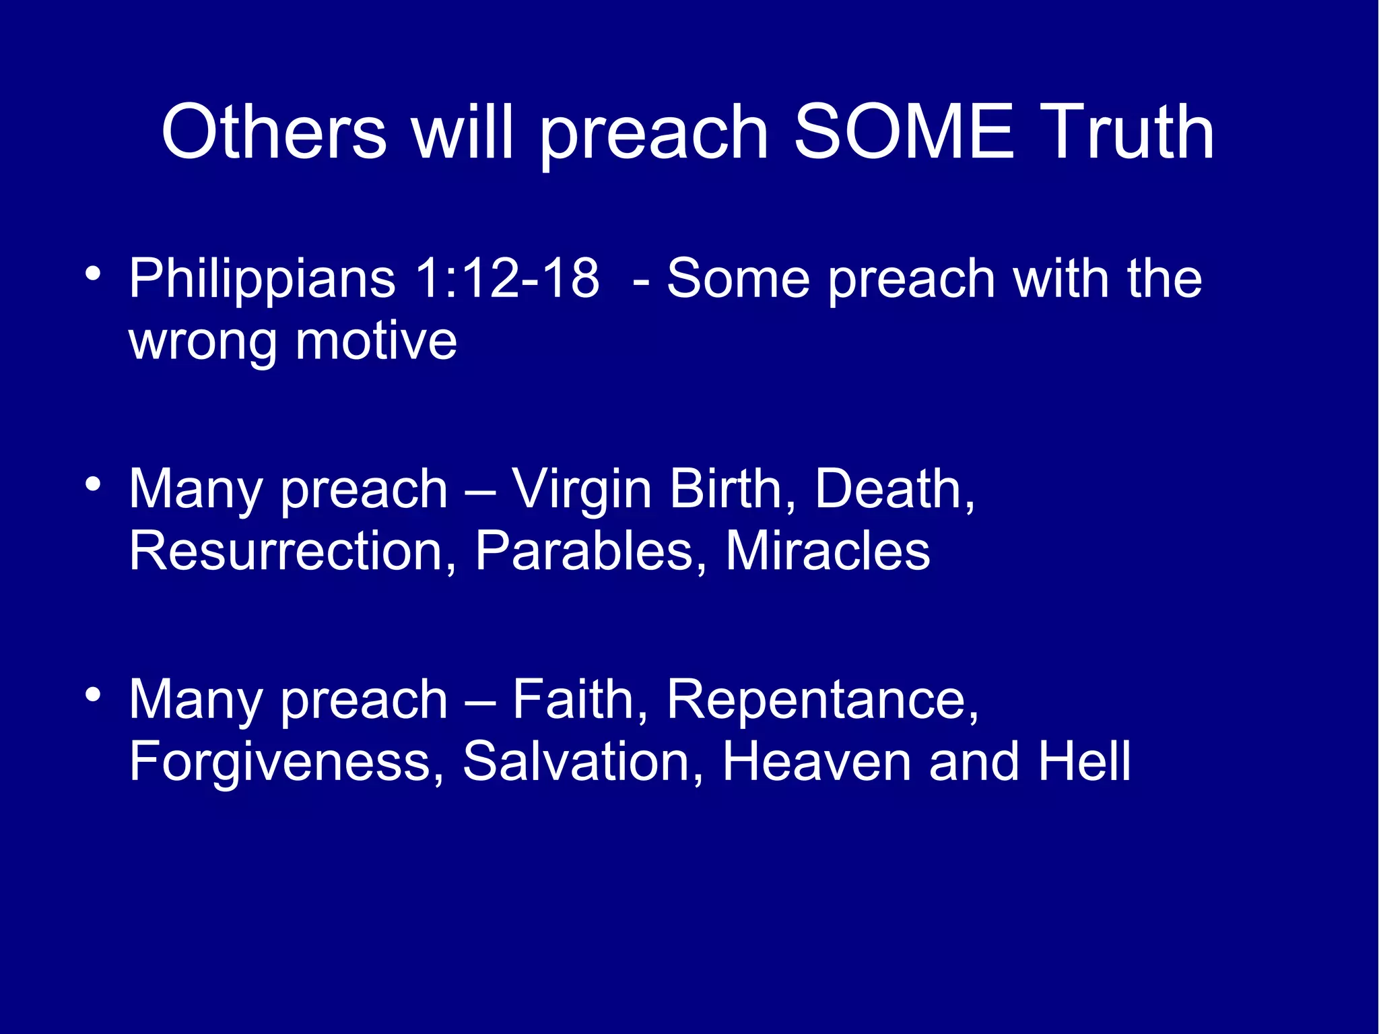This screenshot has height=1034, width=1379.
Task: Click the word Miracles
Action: pos(828,551)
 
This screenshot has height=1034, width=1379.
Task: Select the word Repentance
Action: pos(822,701)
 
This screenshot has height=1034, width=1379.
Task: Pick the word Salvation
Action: pos(583,761)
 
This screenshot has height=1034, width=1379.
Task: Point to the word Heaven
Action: pos(816,761)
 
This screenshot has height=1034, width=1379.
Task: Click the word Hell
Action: pos(1083,761)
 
